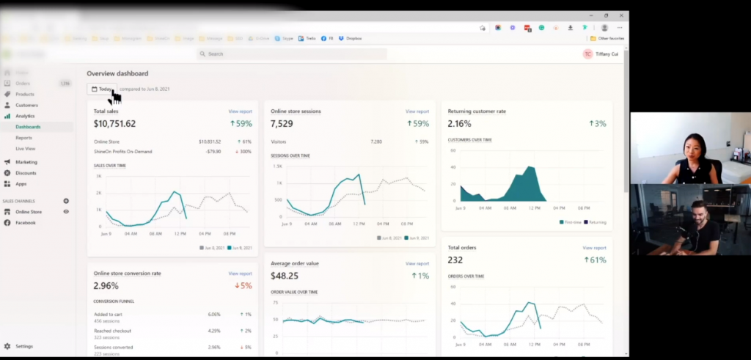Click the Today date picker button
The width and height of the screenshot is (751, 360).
(x=102, y=89)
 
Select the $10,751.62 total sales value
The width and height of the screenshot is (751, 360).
(x=114, y=124)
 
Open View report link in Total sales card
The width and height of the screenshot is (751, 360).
(x=240, y=111)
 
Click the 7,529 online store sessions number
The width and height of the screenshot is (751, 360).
(x=282, y=124)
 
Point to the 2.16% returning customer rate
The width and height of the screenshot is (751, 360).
(x=460, y=124)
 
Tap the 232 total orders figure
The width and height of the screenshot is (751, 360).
(x=455, y=260)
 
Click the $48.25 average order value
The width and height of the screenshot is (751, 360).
(x=285, y=276)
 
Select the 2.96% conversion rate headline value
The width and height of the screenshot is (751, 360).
(x=106, y=286)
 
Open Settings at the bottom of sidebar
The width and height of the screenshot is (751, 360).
(x=24, y=346)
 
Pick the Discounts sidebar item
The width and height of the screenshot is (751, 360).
(x=26, y=173)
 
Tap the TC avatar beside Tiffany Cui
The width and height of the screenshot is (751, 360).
(x=587, y=54)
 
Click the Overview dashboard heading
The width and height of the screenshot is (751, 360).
(x=117, y=73)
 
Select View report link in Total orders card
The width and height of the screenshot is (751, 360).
(x=594, y=248)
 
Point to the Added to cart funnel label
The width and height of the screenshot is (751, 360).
(x=109, y=314)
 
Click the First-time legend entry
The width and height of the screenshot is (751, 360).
(x=573, y=221)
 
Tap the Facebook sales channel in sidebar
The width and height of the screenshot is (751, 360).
(x=26, y=222)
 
